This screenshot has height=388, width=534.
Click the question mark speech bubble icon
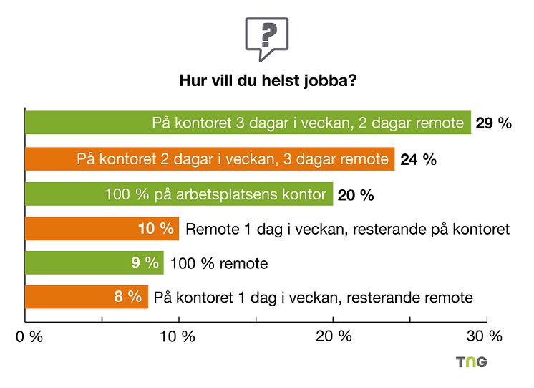click(266, 37)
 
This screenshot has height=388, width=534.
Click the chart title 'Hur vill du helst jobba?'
click(267, 81)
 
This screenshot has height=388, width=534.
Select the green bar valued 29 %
click(248, 123)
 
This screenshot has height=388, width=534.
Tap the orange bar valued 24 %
click(210, 159)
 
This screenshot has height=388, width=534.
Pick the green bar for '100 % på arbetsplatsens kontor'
click(179, 194)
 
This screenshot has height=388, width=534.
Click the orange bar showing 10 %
click(102, 229)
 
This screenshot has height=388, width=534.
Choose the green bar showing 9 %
click(94, 263)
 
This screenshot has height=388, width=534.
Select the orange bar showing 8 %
click(87, 297)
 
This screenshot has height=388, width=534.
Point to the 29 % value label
click(494, 123)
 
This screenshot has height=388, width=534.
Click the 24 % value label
click(419, 159)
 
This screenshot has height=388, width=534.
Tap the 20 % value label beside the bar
click(356, 194)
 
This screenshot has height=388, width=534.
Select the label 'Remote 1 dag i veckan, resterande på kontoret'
click(347, 230)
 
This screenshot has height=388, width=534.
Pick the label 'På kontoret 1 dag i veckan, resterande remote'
click(314, 298)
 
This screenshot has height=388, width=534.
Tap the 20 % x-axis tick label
click(334, 336)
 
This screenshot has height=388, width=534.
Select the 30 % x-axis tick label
click(485, 336)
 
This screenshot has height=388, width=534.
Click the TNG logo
click(472, 362)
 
